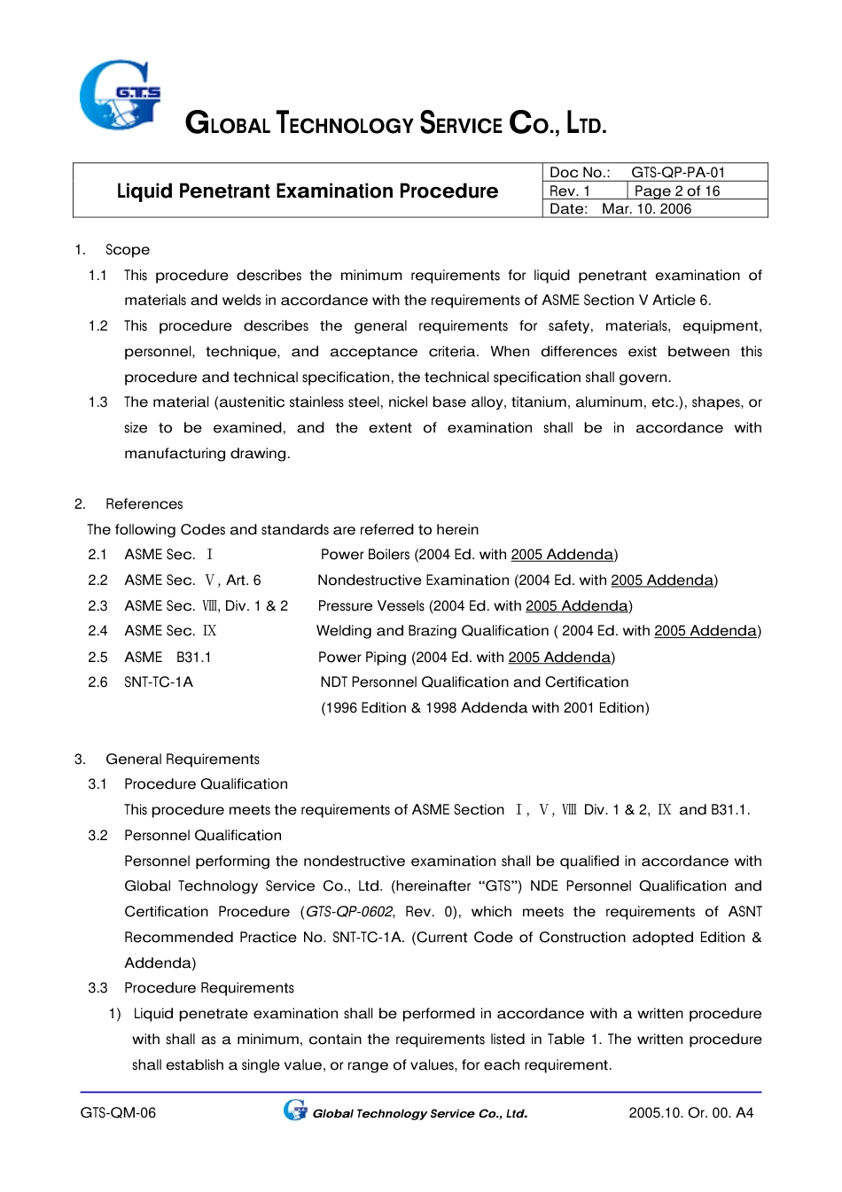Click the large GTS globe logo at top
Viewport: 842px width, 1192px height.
(x=120, y=95)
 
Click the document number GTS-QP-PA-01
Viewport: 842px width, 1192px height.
(x=677, y=172)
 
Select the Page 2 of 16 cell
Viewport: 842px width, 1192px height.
(x=677, y=191)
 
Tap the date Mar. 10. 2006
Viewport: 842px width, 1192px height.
(x=646, y=209)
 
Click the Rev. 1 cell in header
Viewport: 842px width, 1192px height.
(x=571, y=191)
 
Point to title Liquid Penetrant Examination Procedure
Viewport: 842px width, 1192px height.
(x=307, y=191)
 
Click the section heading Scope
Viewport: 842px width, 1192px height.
(x=128, y=250)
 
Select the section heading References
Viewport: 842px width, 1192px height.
(x=144, y=504)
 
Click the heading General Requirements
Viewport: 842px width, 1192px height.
(x=183, y=760)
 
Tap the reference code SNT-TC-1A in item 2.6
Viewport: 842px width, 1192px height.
(x=159, y=682)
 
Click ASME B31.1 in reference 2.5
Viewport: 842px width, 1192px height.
(x=168, y=658)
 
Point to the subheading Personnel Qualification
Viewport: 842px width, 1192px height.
(x=203, y=836)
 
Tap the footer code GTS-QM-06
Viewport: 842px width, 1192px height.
(x=118, y=1113)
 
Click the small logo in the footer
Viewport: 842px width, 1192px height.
(x=295, y=1110)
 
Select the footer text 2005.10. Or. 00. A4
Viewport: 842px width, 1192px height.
(x=690, y=1113)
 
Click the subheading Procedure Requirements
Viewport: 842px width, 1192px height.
(x=209, y=988)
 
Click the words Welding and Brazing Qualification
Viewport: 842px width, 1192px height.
(x=433, y=631)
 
